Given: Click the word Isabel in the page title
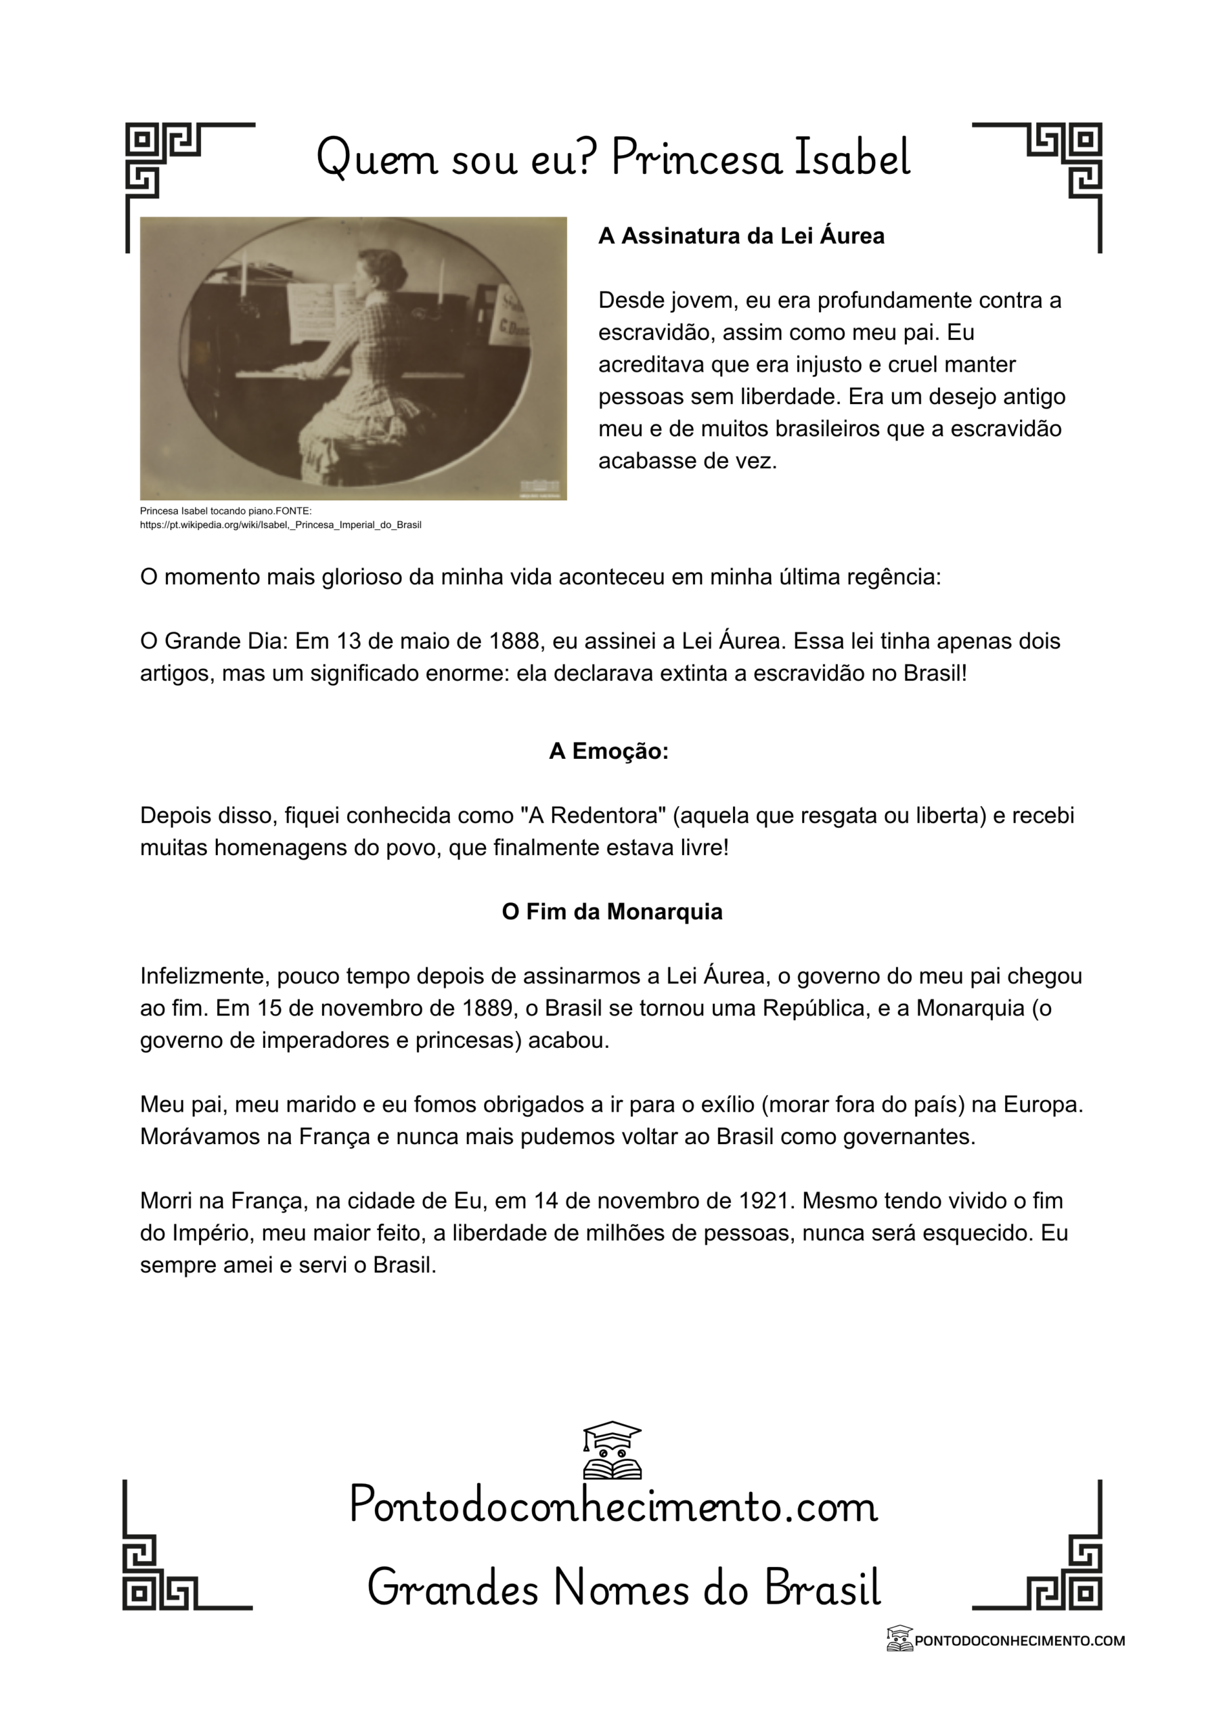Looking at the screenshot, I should click(x=853, y=158).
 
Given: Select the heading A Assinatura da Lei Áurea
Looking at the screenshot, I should click(x=740, y=236).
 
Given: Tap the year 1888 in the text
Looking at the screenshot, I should click(x=514, y=641).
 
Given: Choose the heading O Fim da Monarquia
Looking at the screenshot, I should click(x=612, y=912).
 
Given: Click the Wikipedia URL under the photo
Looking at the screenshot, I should click(x=280, y=525).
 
